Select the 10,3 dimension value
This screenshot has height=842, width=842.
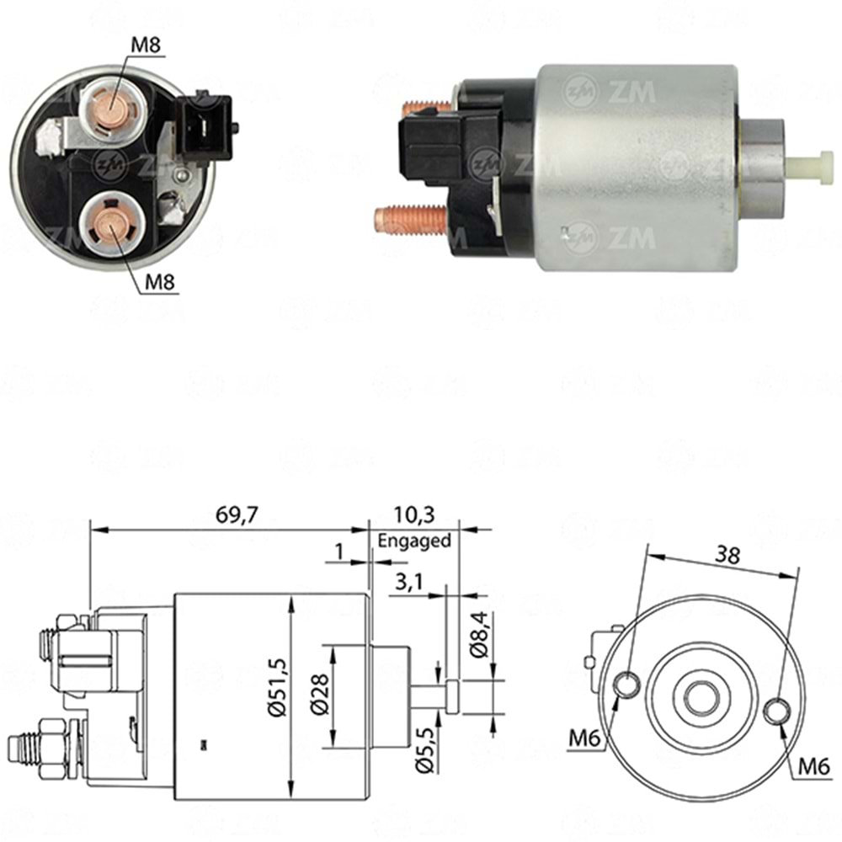pyautogui.click(x=414, y=514)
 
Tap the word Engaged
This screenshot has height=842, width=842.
pyautogui.click(x=414, y=541)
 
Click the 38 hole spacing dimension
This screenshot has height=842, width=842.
pyautogui.click(x=728, y=553)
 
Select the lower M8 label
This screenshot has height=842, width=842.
pyautogui.click(x=157, y=282)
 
